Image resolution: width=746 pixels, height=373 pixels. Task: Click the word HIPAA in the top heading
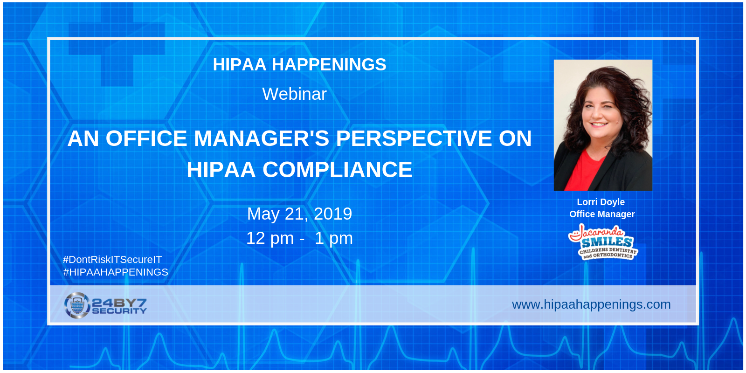(x=240, y=65)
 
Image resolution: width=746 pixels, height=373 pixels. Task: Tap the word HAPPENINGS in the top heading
(x=329, y=65)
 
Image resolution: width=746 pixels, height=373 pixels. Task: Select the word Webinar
(x=294, y=94)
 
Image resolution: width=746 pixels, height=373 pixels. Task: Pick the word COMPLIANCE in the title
(x=338, y=170)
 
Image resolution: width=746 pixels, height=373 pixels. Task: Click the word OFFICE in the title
(x=146, y=138)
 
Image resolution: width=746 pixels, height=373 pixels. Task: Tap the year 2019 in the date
(x=333, y=214)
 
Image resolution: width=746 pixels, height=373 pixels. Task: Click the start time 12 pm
(x=270, y=239)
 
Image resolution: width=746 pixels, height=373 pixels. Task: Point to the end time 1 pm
(x=334, y=239)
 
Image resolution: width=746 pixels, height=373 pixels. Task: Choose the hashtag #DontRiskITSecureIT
(x=112, y=259)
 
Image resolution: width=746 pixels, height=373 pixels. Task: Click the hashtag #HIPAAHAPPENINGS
(x=116, y=272)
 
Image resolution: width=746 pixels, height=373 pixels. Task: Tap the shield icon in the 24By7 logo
(x=77, y=305)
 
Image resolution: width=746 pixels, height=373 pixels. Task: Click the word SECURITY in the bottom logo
(x=119, y=311)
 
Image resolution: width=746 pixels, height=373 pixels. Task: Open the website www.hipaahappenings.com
(x=592, y=305)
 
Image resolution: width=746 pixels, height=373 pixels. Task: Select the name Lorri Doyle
(x=601, y=202)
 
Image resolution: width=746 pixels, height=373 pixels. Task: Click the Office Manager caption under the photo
(x=602, y=214)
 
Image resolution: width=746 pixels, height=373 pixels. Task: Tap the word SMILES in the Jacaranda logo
(x=607, y=242)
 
